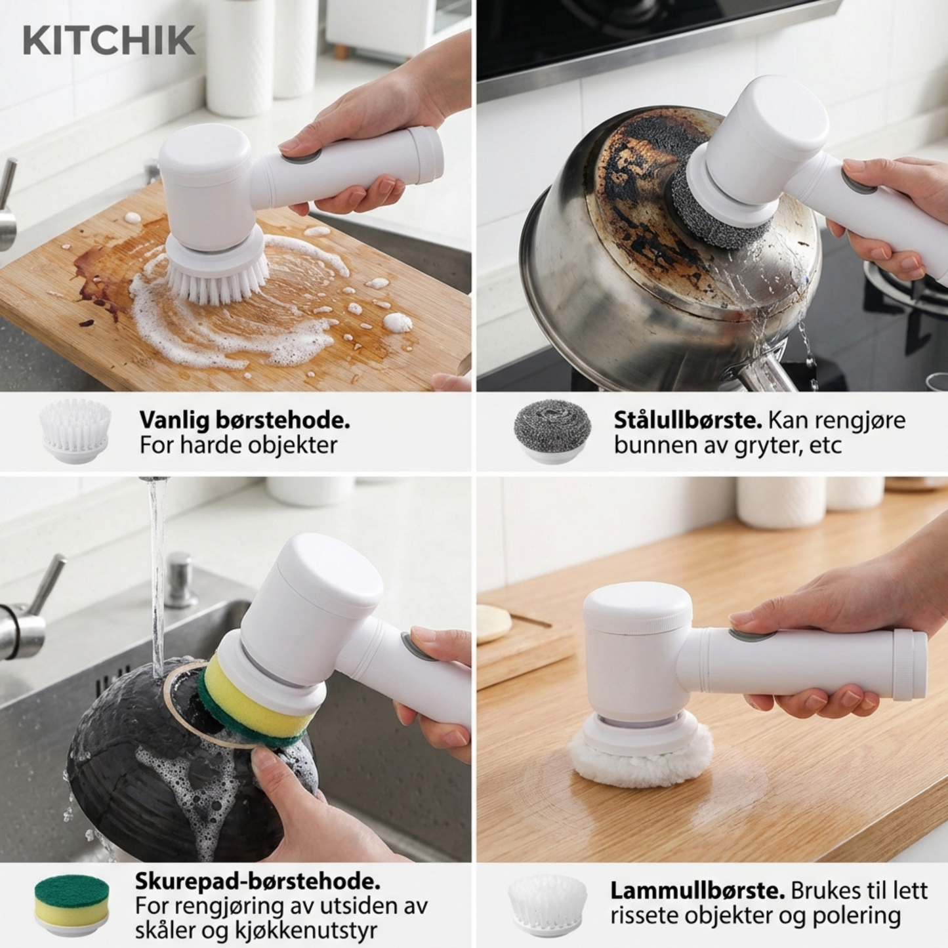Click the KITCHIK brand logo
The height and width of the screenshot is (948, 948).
click(109, 41)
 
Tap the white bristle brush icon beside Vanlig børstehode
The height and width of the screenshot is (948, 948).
click(75, 430)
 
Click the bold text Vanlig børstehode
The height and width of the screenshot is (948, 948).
click(244, 421)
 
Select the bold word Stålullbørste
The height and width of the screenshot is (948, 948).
click(688, 420)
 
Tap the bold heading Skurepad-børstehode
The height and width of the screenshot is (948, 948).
click(257, 880)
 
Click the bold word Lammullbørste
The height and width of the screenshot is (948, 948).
click(697, 890)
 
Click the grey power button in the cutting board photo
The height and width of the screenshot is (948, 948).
click(300, 157)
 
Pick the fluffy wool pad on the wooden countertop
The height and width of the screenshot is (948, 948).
click(641, 754)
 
